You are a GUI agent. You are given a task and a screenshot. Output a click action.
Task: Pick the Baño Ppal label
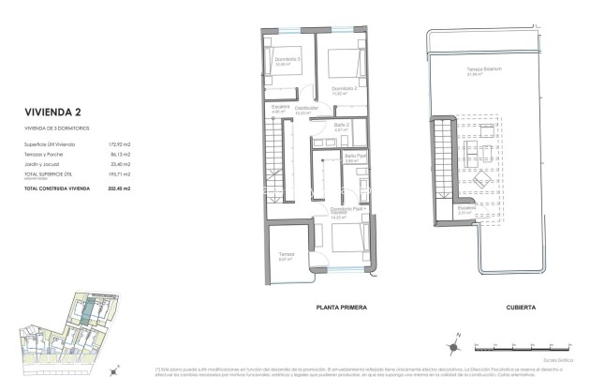(x=353, y=157)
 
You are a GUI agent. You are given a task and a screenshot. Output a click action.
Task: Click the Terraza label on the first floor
(x=287, y=254)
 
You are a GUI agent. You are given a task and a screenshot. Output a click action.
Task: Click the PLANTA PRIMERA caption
(x=341, y=308)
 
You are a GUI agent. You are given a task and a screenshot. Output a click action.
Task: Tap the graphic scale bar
(x=507, y=349)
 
